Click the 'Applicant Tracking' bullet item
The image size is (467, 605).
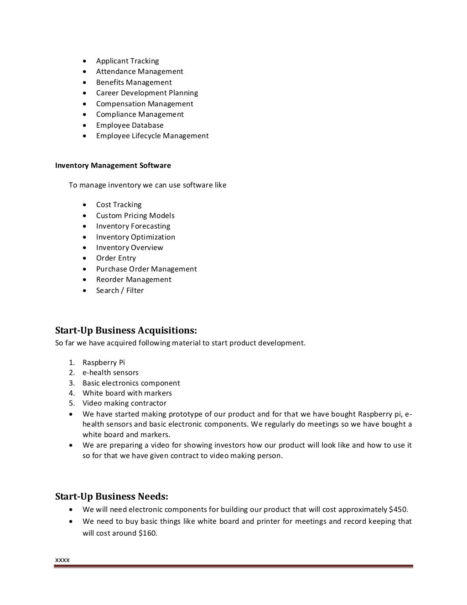tap(127, 61)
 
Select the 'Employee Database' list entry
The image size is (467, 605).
tap(130, 125)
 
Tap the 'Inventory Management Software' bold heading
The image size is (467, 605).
tap(113, 166)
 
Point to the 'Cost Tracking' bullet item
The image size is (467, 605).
tap(119, 205)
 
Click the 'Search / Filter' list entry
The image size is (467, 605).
tap(119, 291)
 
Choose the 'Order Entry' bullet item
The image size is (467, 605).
tap(116, 258)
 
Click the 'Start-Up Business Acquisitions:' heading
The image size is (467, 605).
tap(126, 330)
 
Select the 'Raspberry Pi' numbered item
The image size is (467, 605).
tap(104, 363)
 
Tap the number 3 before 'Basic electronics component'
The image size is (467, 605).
tap(72, 383)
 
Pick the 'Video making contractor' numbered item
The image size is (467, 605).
tap(125, 403)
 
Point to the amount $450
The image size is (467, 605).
tap(399, 510)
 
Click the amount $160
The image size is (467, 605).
tap(147, 533)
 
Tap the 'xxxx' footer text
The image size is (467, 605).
tap(62, 560)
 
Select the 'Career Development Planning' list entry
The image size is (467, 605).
tap(147, 93)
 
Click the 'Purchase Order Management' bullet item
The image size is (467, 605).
tap(146, 269)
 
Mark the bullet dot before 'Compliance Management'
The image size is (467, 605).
tap(85, 115)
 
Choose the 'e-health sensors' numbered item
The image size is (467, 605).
tap(110, 373)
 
